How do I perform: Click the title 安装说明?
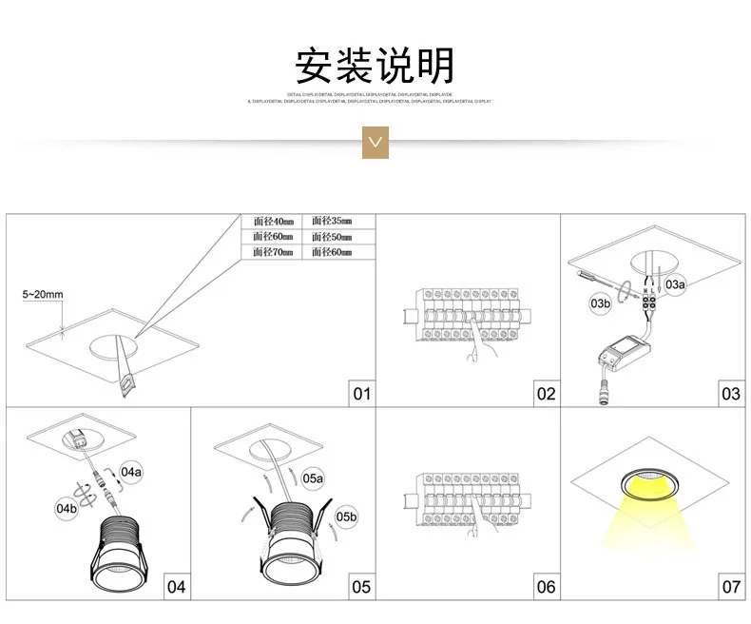coord(375,66)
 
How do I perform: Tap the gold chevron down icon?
coord(376,142)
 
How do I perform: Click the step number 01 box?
coord(361,393)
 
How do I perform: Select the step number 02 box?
coord(546,393)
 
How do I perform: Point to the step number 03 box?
coord(730,393)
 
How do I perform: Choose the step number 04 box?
coord(177,587)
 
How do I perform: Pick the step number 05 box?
coord(361,587)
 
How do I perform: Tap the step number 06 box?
coord(546,587)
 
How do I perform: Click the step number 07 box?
coord(730,587)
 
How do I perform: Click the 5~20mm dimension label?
coord(43,295)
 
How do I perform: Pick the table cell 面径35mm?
coord(332,222)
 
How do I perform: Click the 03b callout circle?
coord(600,303)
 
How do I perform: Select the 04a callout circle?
coord(130,471)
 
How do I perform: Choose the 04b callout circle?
coord(66,509)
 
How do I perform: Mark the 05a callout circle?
coord(313,478)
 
